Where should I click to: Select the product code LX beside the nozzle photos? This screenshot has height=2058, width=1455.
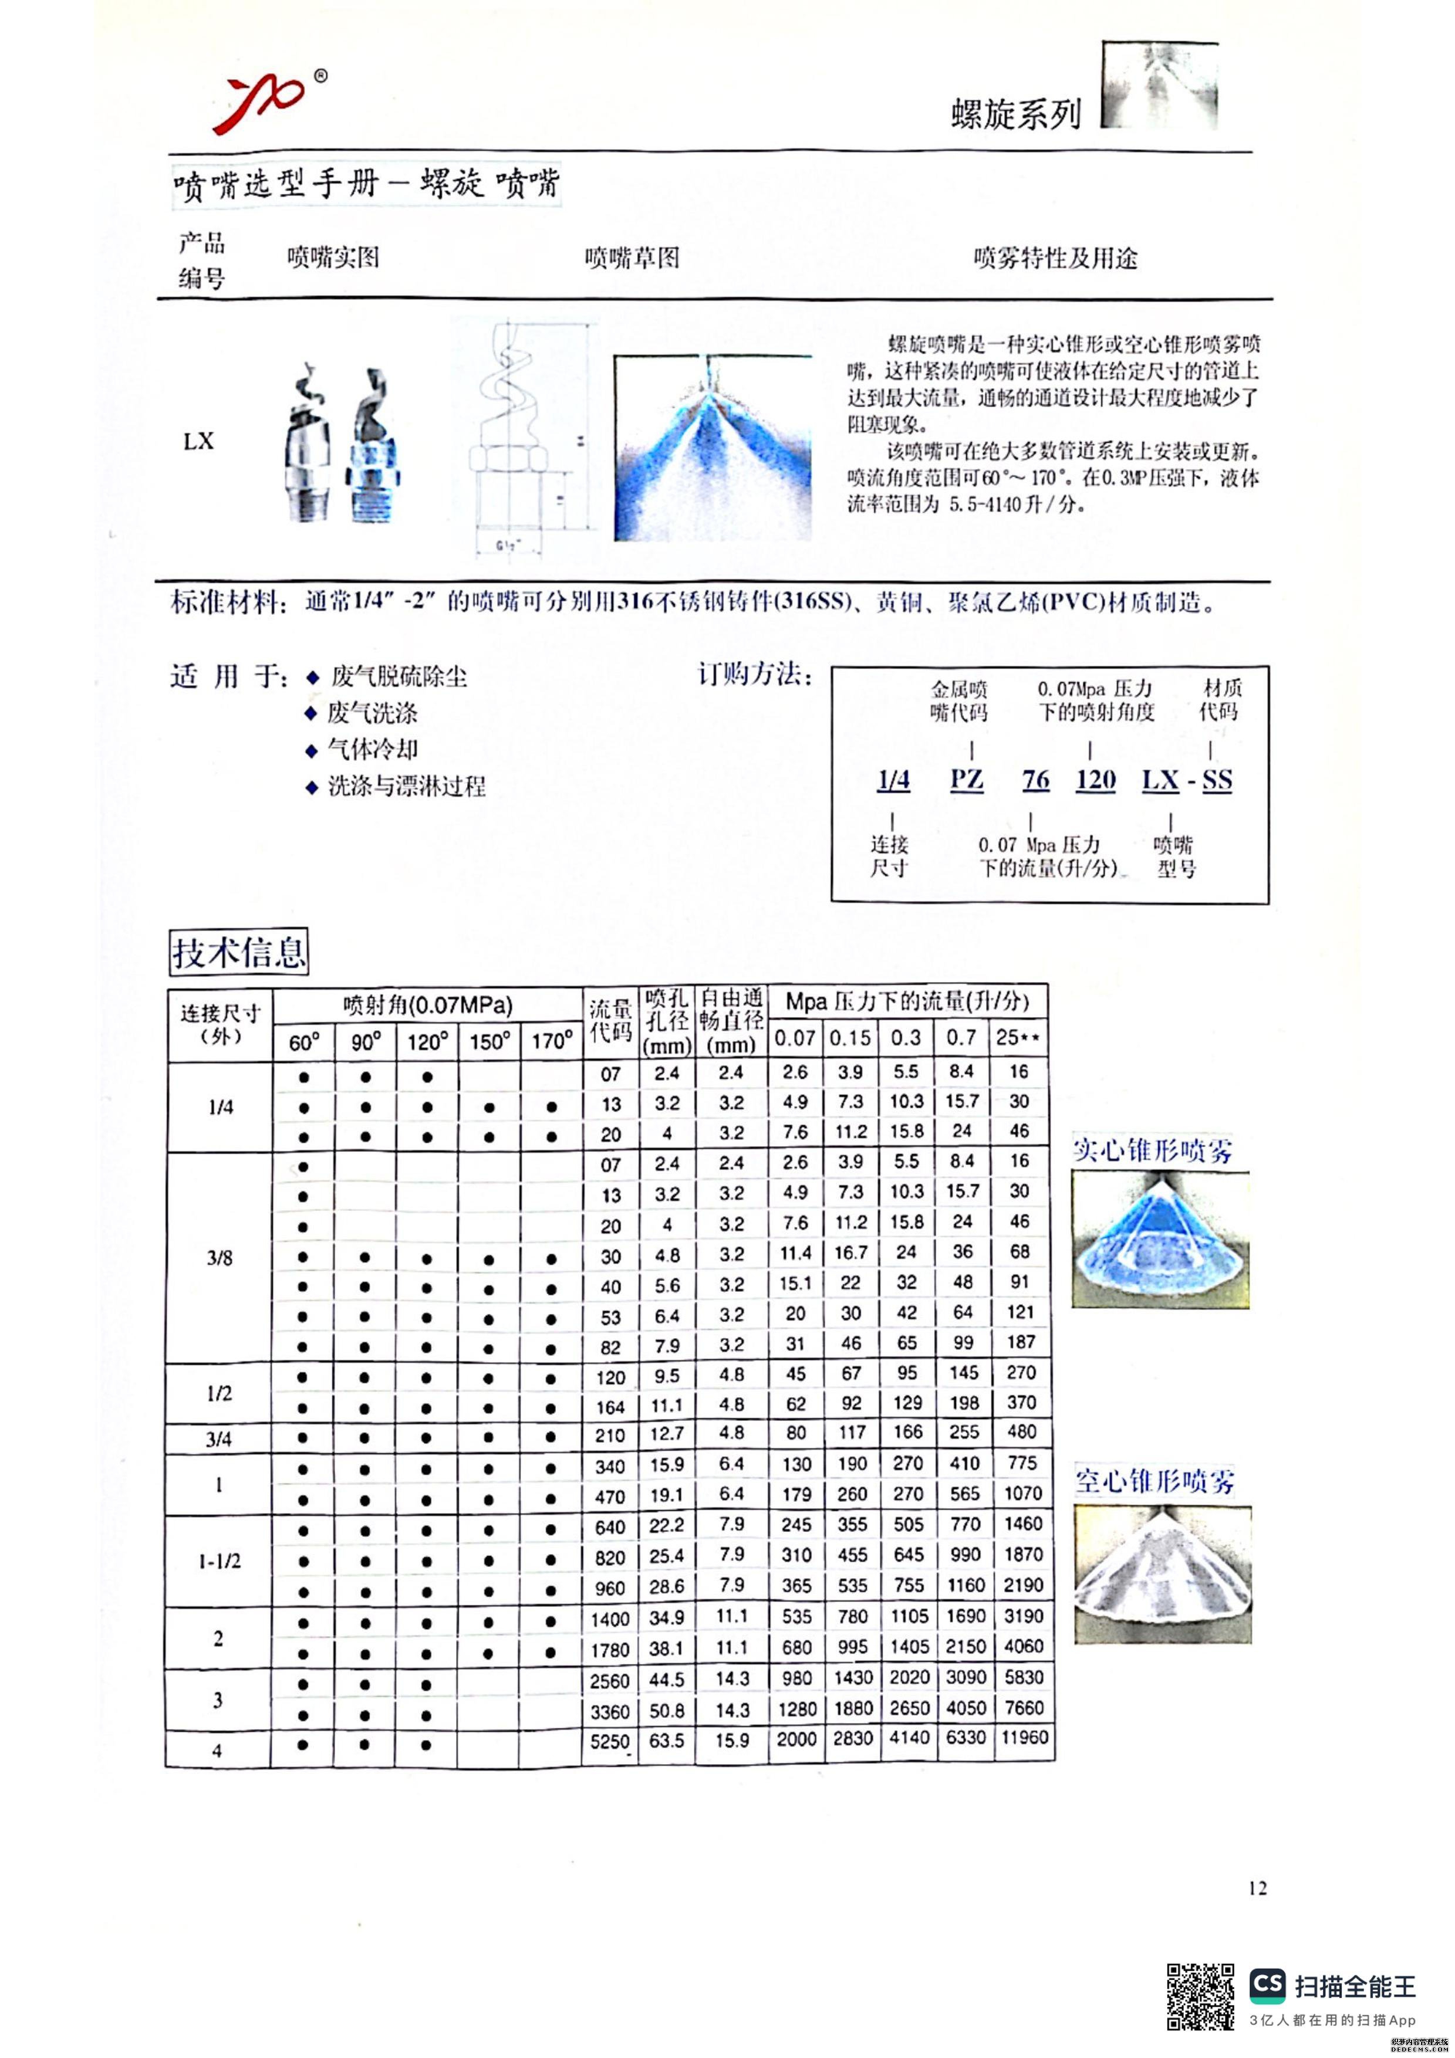(x=198, y=441)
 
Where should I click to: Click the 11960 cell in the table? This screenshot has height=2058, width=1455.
(x=1024, y=1737)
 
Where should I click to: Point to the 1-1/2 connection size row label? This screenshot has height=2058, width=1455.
(x=220, y=1562)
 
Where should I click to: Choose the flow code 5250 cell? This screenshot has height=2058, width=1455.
(x=610, y=1741)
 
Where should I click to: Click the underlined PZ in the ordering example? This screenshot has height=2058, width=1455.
(x=967, y=779)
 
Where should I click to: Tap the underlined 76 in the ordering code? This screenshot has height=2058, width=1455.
(x=1035, y=779)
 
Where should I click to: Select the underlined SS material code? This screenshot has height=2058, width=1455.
(x=1217, y=780)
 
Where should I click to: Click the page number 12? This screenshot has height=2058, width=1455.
(x=1257, y=1888)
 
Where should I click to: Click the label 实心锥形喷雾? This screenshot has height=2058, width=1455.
(x=1153, y=1150)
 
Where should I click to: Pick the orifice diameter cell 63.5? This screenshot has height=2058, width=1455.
(x=667, y=1740)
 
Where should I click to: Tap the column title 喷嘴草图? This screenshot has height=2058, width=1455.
(x=632, y=258)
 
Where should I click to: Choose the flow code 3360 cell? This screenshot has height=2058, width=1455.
(x=610, y=1711)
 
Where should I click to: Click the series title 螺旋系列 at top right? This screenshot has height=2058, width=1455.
(x=1016, y=115)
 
